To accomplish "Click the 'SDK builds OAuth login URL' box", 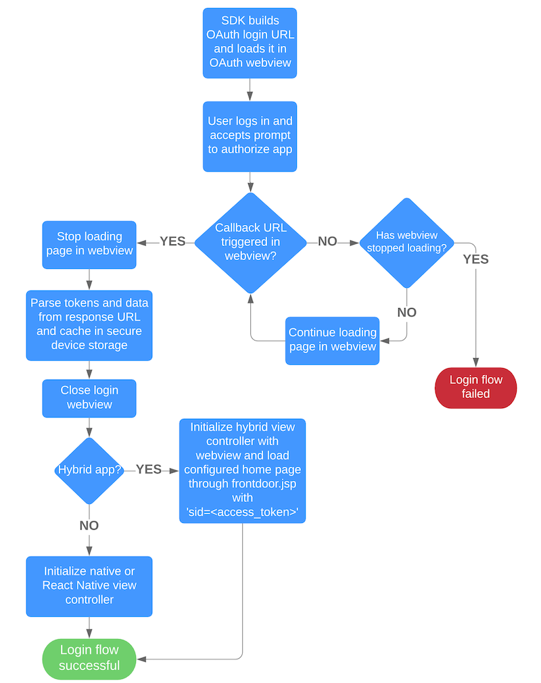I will [x=250, y=42].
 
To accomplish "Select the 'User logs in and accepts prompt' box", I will [x=250, y=136].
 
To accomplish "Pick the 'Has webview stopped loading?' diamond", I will [x=406, y=242].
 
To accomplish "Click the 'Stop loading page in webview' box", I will [x=89, y=243].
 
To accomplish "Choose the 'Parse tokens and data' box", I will [x=89, y=325].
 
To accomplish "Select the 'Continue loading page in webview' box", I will [x=332, y=340].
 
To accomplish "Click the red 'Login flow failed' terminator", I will [x=475, y=388].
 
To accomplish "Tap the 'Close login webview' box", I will [x=89, y=397].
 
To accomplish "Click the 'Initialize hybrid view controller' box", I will [x=242, y=470].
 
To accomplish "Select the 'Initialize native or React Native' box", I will [x=89, y=586].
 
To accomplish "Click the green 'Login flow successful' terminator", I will [x=89, y=658].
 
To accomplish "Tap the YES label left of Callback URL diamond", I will [x=172, y=242].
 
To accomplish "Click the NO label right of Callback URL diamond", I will [x=327, y=242].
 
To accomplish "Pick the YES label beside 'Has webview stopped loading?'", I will [x=475, y=259].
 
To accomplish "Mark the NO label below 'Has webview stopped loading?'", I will [x=406, y=313].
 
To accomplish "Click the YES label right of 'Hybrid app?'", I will [x=149, y=470].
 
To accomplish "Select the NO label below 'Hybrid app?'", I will [x=89, y=526].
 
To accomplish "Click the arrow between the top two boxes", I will [x=250, y=89].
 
